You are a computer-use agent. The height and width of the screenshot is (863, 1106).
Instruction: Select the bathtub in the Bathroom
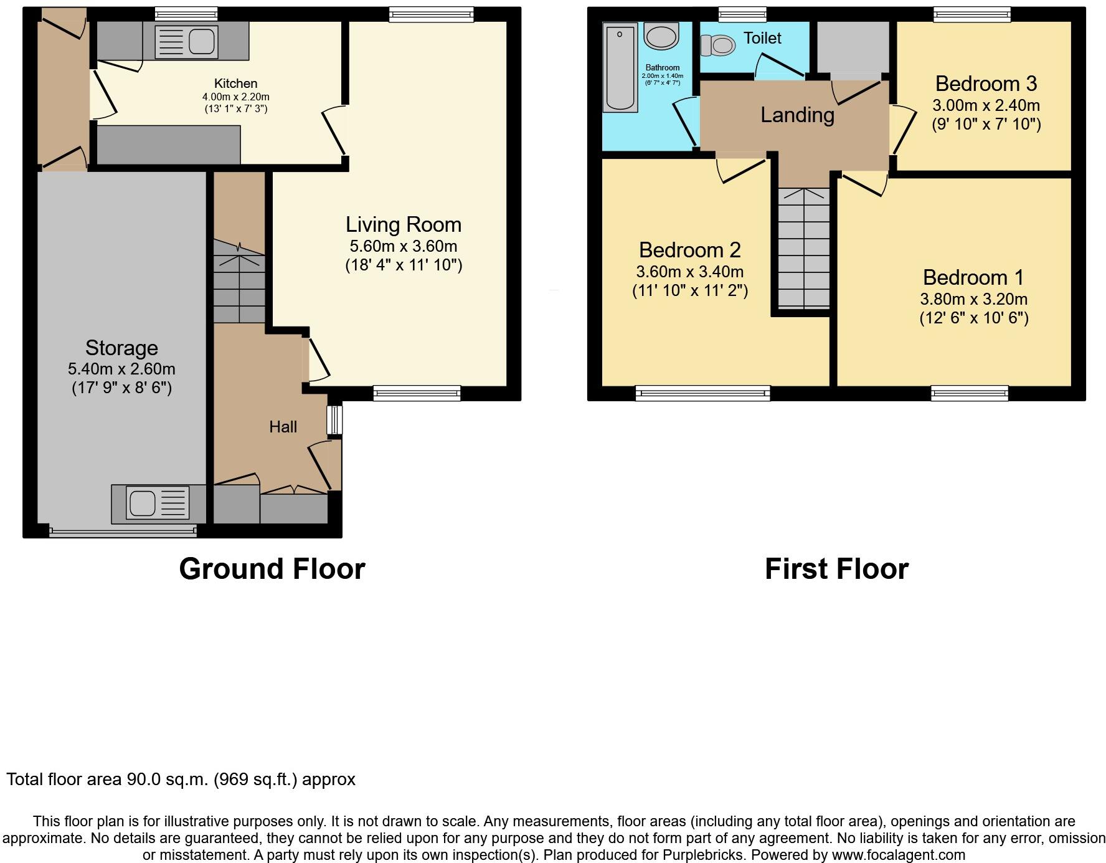point(620,68)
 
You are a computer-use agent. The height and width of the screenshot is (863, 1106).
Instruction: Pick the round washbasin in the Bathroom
point(661,36)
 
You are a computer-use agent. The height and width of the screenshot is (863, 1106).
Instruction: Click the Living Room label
point(404,225)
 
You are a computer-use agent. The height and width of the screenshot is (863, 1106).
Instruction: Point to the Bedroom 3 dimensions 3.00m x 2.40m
point(986,105)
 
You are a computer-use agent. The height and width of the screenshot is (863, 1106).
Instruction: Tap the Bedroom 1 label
point(973,277)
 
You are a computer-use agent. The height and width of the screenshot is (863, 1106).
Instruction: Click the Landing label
point(797,115)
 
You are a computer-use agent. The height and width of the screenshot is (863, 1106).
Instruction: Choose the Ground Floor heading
point(272,569)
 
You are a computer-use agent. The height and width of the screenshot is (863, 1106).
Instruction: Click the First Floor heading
point(836,569)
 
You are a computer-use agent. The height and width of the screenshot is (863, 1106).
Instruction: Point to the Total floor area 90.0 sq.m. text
point(181,780)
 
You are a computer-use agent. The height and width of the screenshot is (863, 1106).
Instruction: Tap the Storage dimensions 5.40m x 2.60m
point(121,369)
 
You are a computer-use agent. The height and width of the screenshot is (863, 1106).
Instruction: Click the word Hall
point(283,427)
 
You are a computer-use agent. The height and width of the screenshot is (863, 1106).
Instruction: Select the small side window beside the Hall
point(335,420)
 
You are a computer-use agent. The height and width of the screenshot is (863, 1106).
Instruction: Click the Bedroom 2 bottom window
point(702,393)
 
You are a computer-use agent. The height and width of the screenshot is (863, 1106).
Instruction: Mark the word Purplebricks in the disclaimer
point(701,855)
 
